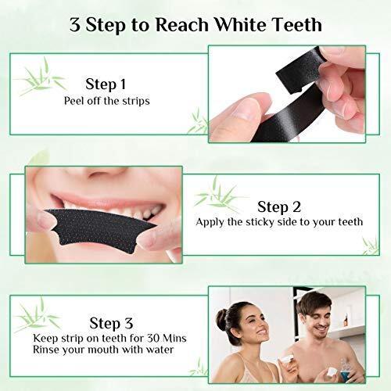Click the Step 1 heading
(x=106, y=84)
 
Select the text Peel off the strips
(x=107, y=101)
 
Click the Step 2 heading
(x=279, y=207)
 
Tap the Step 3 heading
(x=111, y=323)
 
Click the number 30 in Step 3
(x=153, y=338)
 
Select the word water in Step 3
(x=160, y=350)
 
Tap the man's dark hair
(x=314, y=303)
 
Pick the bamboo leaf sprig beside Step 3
(x=37, y=314)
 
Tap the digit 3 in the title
(x=75, y=25)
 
